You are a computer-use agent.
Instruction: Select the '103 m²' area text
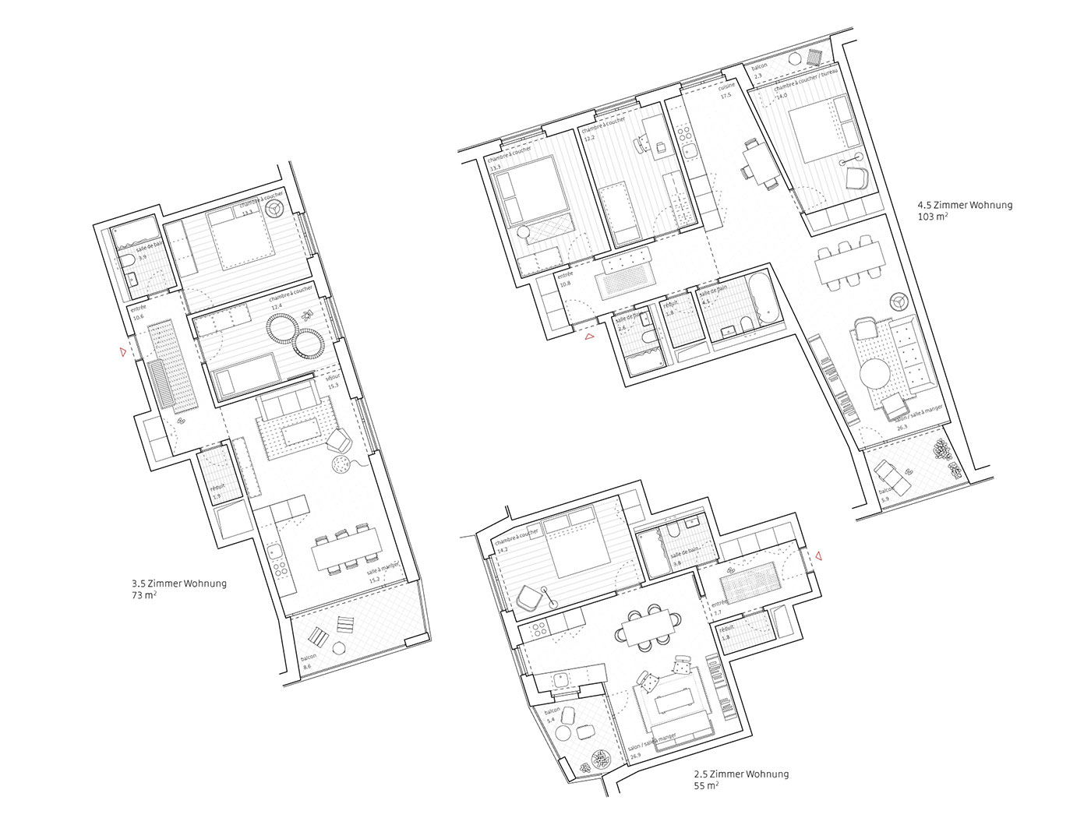[x=933, y=218]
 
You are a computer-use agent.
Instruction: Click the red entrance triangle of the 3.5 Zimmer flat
[x=122, y=352]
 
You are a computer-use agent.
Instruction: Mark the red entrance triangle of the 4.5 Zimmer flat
[x=590, y=337]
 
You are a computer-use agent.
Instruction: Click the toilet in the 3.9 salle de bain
[x=128, y=259]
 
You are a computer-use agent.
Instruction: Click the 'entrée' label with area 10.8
[x=565, y=275]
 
